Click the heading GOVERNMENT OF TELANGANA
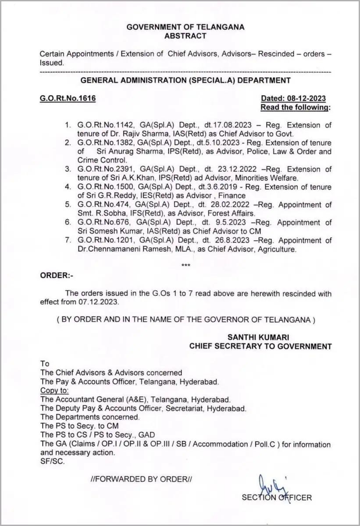tap(185, 27)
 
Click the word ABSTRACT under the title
tap(185, 36)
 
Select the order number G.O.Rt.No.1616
tap(68, 98)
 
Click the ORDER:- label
tap(55, 276)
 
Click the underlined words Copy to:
tap(54, 390)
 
